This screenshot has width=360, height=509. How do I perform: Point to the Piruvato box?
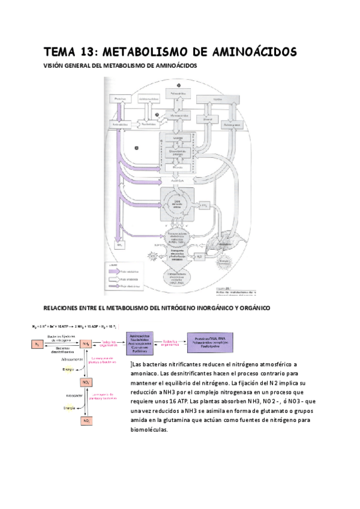pos(178,167)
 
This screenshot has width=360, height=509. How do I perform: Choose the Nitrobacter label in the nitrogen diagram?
pos(74,396)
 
